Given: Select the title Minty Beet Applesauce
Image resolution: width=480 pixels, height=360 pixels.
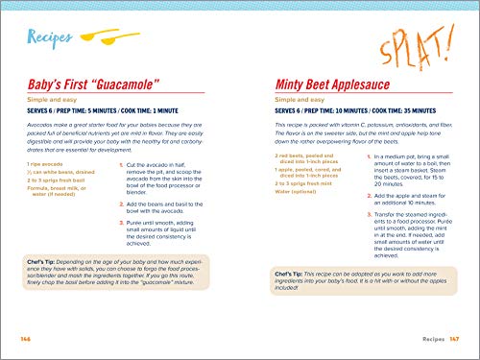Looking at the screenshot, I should click(337, 84).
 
